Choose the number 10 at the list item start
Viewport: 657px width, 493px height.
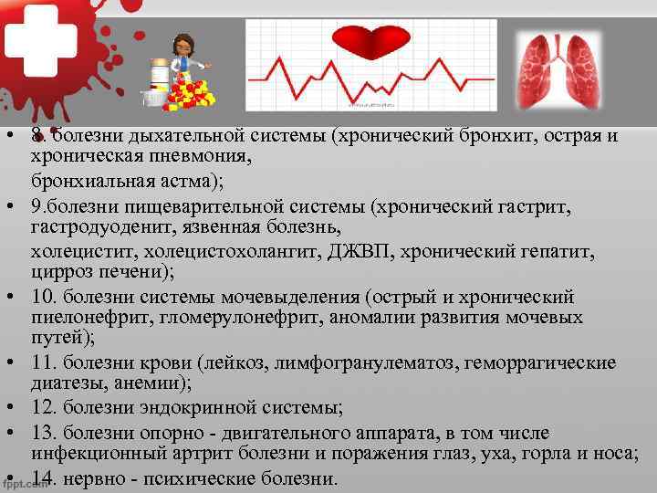point(42,297)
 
